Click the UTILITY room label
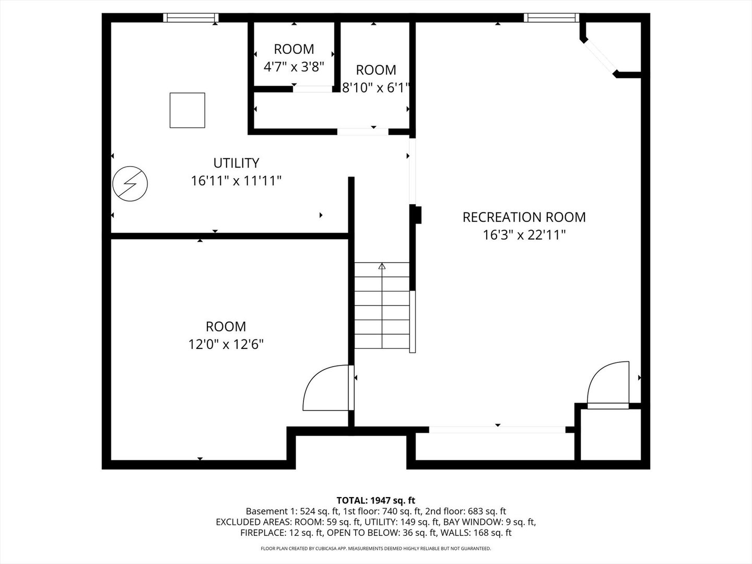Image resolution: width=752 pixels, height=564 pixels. [236, 163]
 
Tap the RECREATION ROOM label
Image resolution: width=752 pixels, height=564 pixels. [524, 217]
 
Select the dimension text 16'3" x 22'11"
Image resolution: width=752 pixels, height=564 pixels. [524, 235]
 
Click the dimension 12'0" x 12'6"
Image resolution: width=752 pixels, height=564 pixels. [226, 345]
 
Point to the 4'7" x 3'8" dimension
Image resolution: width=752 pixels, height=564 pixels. [293, 67]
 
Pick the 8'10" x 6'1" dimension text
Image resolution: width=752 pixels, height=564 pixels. [375, 88]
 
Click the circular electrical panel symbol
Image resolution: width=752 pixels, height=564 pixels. [130, 184]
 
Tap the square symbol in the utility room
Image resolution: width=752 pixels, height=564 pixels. [187, 110]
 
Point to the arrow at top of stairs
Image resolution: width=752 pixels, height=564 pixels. [382, 266]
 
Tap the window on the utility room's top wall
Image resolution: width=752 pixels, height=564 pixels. [191, 18]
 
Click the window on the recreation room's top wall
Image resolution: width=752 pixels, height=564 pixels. [551, 18]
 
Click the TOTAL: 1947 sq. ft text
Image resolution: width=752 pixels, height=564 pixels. [375, 500]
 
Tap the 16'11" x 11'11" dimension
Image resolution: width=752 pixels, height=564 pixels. [236, 181]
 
